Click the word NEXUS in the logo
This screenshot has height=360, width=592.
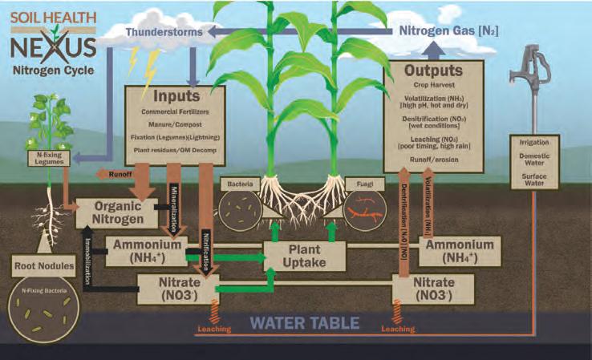pos(54,47)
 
